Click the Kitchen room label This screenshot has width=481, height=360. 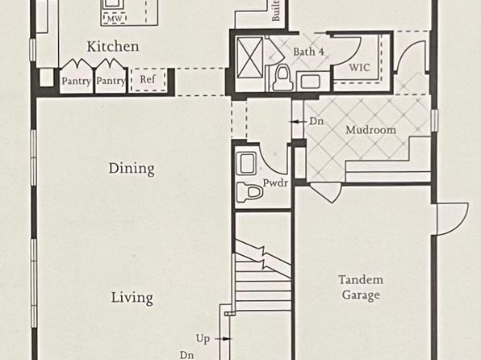click(113, 46)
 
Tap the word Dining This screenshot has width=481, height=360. click(132, 169)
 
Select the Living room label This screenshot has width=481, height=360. click(132, 298)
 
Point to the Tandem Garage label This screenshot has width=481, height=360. click(361, 287)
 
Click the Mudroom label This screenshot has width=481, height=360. click(370, 130)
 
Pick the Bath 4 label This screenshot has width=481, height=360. click(308, 52)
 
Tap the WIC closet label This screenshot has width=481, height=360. click(359, 67)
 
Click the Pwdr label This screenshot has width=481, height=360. click(275, 183)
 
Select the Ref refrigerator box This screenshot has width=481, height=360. click(148, 79)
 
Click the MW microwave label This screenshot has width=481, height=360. click(115, 19)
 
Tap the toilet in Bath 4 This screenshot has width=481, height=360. click(283, 78)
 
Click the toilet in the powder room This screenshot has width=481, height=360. click(249, 192)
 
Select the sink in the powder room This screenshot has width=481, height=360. click(247, 162)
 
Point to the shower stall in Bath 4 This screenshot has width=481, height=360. click(250, 57)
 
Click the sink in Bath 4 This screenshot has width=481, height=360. click(311, 82)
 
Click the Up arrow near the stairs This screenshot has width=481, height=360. click(223, 339)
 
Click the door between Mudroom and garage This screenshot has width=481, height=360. click(326, 192)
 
